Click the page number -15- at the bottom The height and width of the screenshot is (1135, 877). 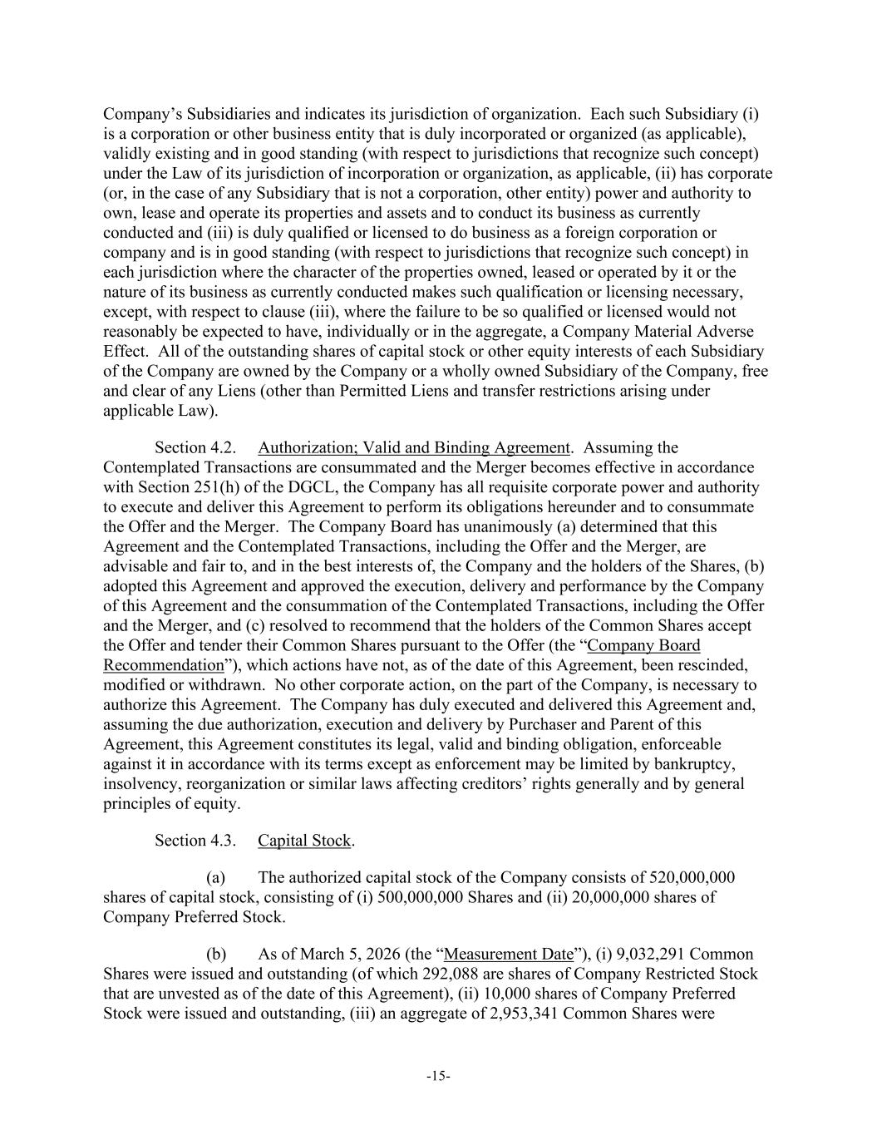click(x=438, y=1077)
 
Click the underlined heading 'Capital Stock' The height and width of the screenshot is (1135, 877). click(x=304, y=841)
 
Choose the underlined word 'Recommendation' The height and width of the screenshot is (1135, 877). click(x=164, y=665)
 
